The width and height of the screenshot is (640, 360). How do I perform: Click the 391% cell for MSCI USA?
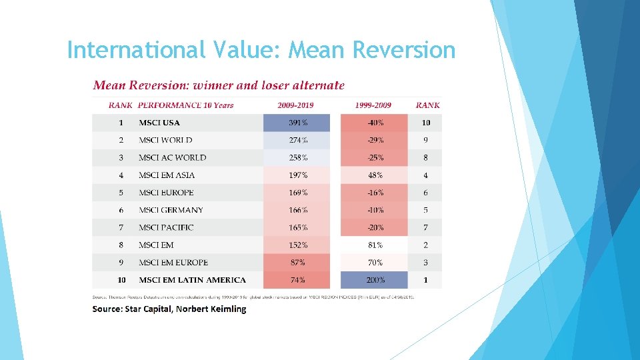click(297, 123)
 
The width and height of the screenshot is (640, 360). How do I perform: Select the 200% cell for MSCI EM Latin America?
click(375, 280)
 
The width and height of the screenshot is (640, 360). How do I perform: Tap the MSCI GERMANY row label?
click(171, 210)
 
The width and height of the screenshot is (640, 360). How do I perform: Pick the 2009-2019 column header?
click(295, 105)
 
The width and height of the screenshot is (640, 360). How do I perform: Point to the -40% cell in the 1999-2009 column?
click(375, 123)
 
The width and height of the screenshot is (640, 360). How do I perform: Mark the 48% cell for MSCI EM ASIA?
click(375, 175)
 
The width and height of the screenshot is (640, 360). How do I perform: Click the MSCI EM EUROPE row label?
click(173, 263)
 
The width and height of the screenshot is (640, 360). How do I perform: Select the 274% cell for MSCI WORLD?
click(297, 140)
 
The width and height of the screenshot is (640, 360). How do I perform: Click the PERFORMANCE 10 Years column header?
click(185, 105)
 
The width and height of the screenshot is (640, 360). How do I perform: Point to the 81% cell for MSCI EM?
click(375, 245)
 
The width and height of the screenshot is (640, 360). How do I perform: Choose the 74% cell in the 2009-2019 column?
click(297, 280)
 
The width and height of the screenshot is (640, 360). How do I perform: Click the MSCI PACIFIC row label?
click(166, 227)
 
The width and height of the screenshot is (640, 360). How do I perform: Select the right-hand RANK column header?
click(427, 105)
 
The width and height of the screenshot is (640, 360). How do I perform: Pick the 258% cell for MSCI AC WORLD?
click(297, 158)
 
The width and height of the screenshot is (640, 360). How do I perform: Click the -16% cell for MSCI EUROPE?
click(375, 193)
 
